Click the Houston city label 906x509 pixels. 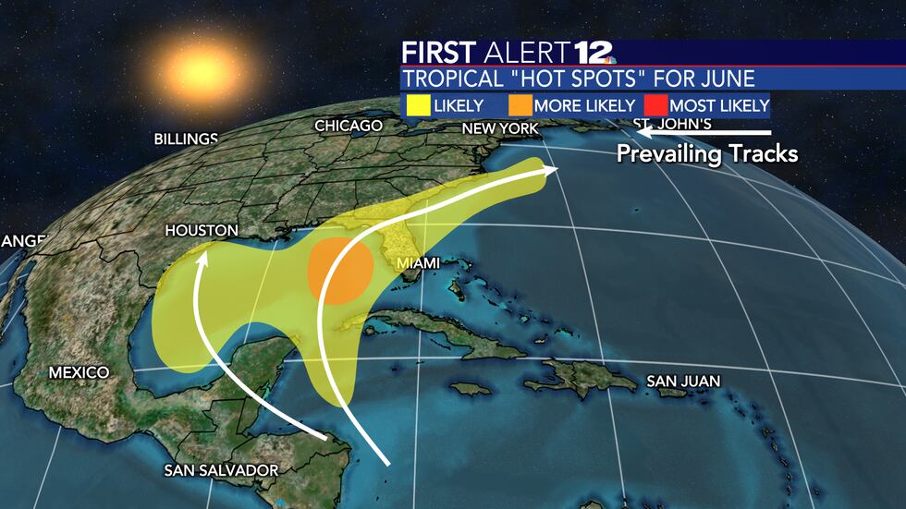[201, 230]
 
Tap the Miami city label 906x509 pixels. [419, 263]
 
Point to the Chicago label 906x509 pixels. [349, 126]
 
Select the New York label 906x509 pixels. [500, 128]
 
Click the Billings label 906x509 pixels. [186, 139]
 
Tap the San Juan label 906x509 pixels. [683, 381]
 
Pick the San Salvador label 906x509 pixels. [221, 470]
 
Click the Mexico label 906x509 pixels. [79, 372]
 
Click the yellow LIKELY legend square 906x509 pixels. [416, 104]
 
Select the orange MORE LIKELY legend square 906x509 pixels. [520, 104]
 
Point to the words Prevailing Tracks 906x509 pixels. [707, 153]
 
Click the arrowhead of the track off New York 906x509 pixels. [553, 169]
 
